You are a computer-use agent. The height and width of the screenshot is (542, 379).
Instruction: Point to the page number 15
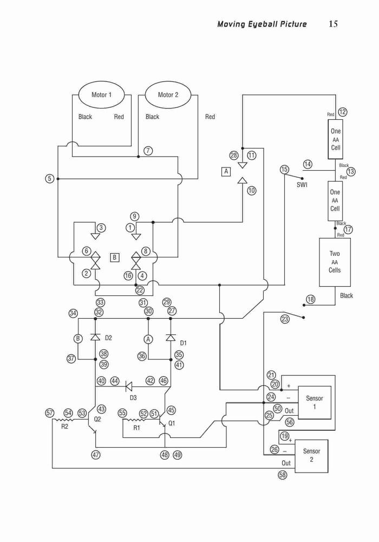pyautogui.click(x=333, y=24)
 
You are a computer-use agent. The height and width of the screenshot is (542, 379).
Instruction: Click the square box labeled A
pyautogui.click(x=226, y=171)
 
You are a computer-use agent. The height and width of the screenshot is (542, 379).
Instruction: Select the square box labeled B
pyautogui.click(x=115, y=257)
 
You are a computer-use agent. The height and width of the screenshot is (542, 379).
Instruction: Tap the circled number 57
pyautogui.click(x=50, y=412)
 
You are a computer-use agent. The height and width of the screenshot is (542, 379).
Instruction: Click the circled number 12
pyautogui.click(x=342, y=112)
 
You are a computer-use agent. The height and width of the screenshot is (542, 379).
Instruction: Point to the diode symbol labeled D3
pyautogui.click(x=129, y=386)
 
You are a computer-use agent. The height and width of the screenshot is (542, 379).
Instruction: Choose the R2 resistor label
pyautogui.click(x=64, y=427)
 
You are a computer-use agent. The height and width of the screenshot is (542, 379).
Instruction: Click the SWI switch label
pyautogui.click(x=302, y=185)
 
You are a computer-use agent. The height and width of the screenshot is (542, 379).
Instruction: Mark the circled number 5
pyautogui.click(x=50, y=179)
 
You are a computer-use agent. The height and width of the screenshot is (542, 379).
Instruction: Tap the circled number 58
pyautogui.click(x=283, y=475)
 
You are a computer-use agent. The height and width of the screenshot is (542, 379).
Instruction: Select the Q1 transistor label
pyautogui.click(x=172, y=423)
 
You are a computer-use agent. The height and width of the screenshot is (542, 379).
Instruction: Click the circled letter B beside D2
pyautogui.click(x=79, y=338)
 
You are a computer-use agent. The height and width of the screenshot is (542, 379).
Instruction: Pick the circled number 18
pyautogui.click(x=311, y=299)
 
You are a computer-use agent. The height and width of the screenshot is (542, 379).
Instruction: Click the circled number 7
pyautogui.click(x=148, y=151)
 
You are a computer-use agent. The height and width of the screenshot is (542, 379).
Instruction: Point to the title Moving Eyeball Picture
pyautogui.click(x=262, y=24)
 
